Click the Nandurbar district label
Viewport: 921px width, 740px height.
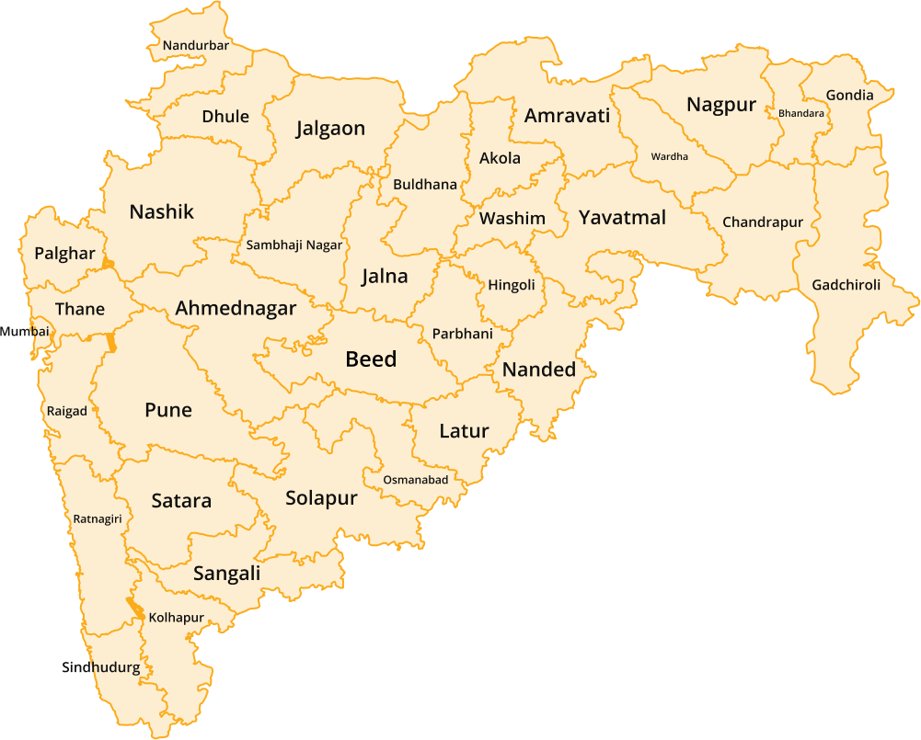tap(195, 45)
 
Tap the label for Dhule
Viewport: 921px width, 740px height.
tap(225, 117)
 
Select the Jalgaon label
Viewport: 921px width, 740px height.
tap(330, 129)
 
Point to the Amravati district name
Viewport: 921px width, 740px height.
tap(567, 116)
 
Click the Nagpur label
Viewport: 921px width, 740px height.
tap(720, 105)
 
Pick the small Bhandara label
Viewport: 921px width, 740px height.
tap(800, 113)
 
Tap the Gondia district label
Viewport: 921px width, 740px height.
tap(849, 96)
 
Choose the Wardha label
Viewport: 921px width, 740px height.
tap(669, 156)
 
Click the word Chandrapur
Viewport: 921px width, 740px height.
tap(762, 222)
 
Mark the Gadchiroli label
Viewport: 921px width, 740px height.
tap(846, 285)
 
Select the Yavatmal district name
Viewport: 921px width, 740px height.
tap(622, 218)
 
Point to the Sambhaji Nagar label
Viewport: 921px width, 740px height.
tap(294, 245)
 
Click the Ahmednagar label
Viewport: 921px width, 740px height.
tap(236, 309)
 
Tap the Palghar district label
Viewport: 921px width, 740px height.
tap(64, 254)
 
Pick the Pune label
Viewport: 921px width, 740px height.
tap(168, 410)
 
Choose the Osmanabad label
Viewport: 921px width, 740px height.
tap(416, 480)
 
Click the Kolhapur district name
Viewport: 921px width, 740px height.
tap(176, 618)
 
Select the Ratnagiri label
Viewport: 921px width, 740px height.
tap(98, 519)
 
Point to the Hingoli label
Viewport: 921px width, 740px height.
tap(511, 285)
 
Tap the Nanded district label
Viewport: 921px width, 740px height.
tap(538, 370)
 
